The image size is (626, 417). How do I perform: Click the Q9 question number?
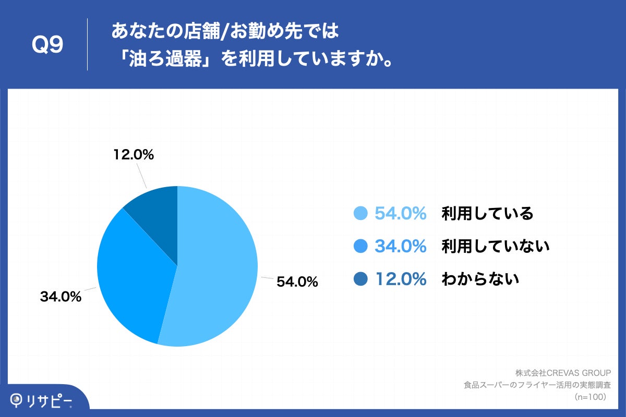pos(47,45)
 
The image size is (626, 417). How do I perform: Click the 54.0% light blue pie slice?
pos(219,271)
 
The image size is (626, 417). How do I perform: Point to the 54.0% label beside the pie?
pos(297,282)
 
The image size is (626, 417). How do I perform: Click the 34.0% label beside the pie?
pos(61,297)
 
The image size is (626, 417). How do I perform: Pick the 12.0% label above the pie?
pos(133,155)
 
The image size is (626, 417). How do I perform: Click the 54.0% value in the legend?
pos(401,213)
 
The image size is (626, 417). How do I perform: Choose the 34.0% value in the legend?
pos(401,246)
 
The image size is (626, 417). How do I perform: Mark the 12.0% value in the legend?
pos(401,279)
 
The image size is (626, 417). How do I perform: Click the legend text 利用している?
pos(487,213)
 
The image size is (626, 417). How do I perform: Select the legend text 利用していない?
pos(496,246)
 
